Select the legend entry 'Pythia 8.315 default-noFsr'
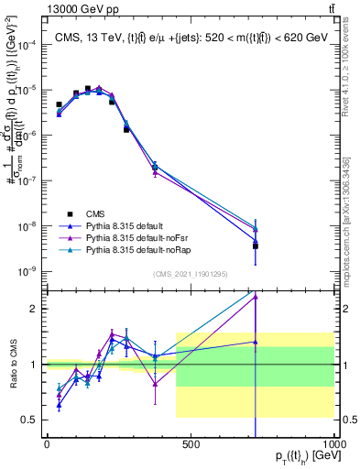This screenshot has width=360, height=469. tap(135, 235)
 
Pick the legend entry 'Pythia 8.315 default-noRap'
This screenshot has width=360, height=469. tap(135, 249)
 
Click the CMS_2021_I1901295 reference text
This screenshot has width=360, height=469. tap(191, 273)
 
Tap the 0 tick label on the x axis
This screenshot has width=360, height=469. tap(46, 445)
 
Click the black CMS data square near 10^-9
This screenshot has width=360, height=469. tap(256, 245)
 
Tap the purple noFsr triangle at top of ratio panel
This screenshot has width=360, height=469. tap(256, 296)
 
